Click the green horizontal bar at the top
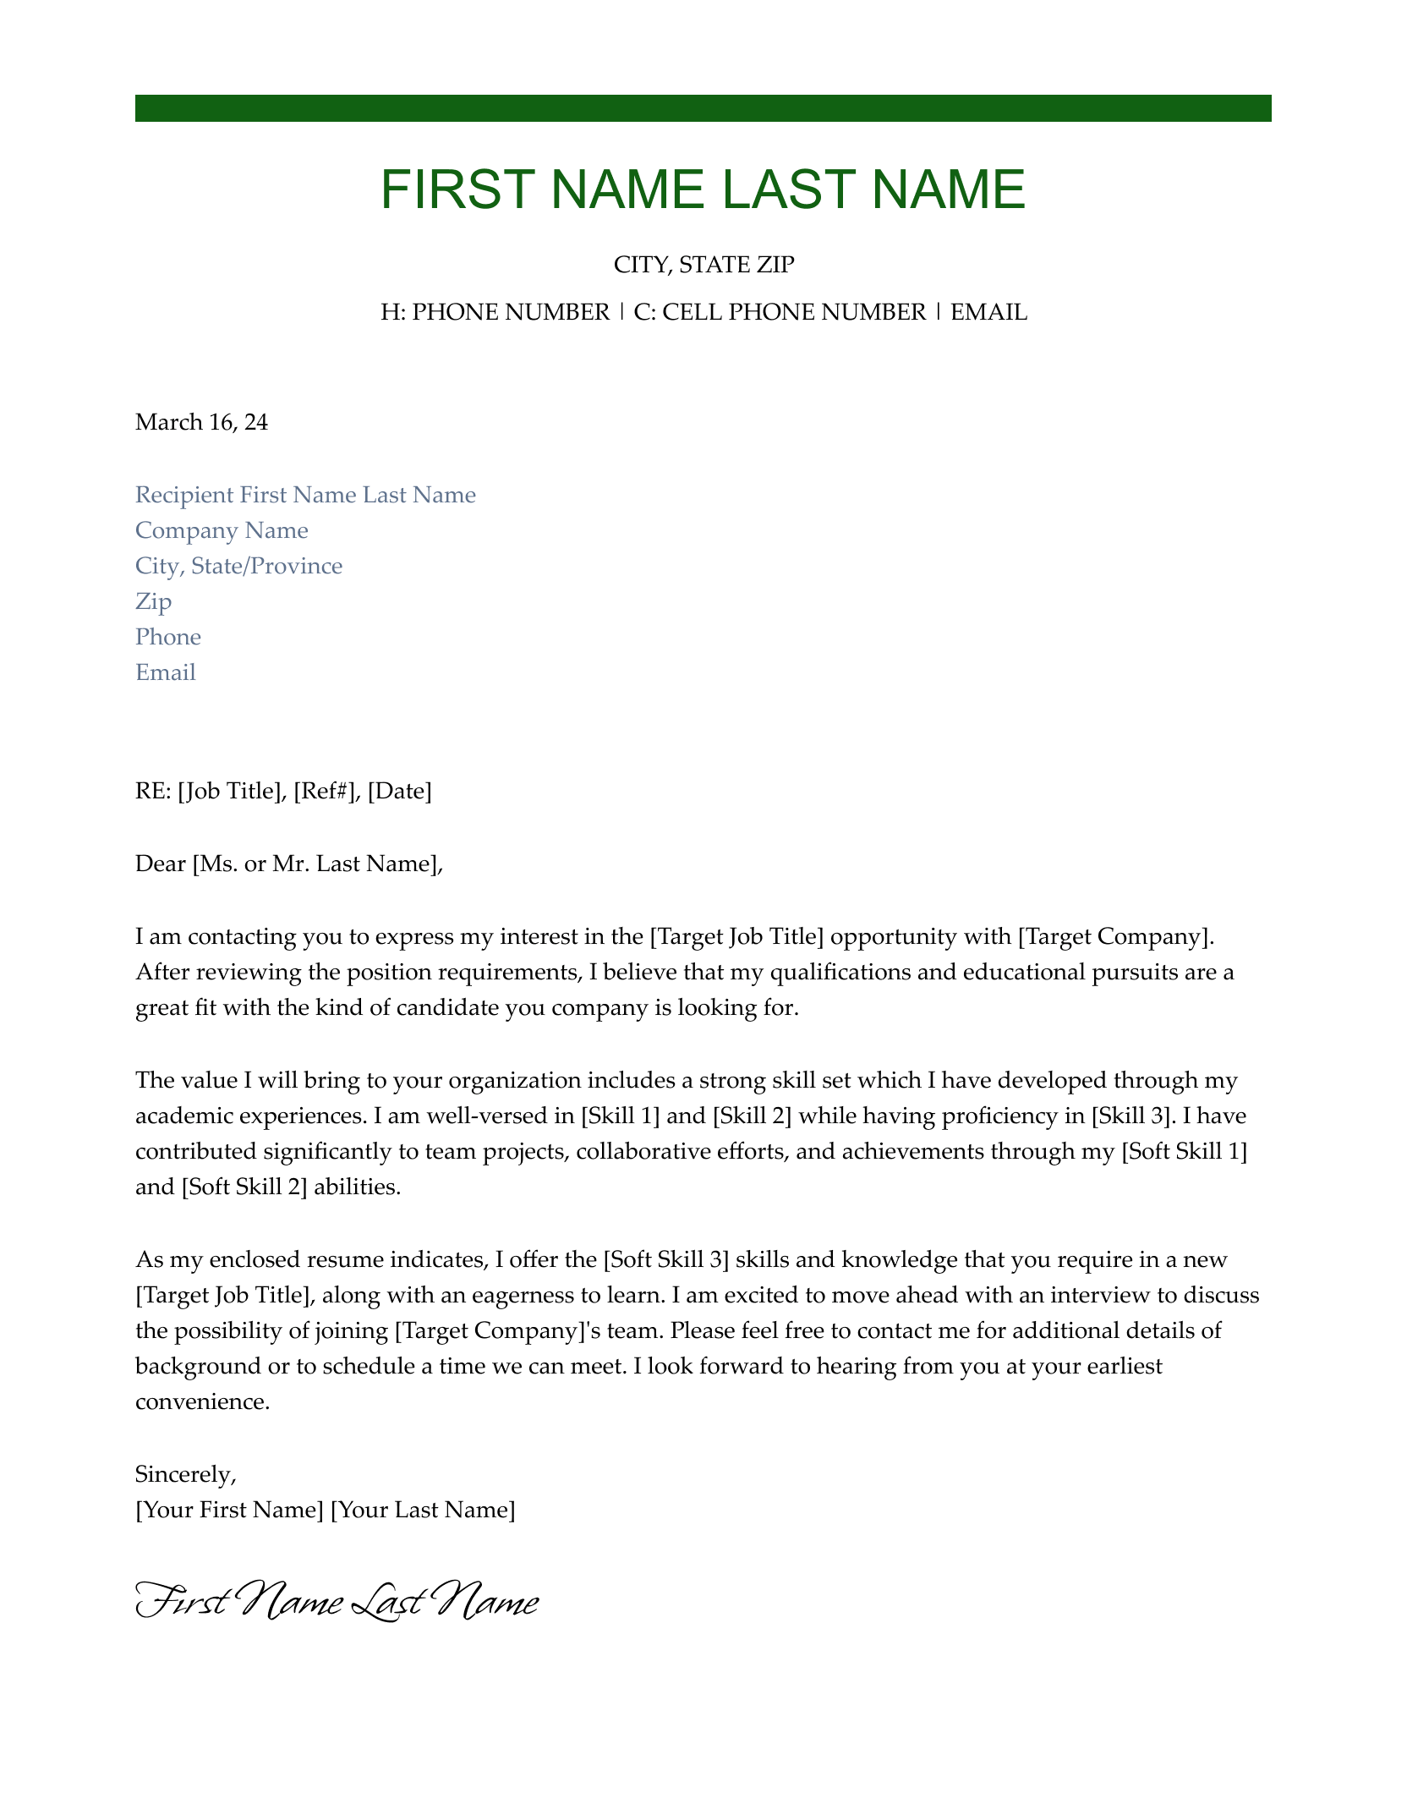coord(703,108)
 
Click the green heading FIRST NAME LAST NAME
coord(703,189)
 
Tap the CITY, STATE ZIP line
coord(703,266)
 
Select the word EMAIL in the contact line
coord(988,313)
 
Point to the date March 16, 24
coord(201,422)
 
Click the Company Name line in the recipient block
coord(222,531)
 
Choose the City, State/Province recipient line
coord(238,567)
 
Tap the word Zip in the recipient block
coord(153,602)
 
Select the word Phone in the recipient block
coord(168,638)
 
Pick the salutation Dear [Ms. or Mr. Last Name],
coord(288,864)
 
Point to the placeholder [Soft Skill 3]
coord(665,1260)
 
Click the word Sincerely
coord(184,1475)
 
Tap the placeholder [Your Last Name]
coord(422,1511)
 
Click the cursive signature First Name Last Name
coord(337,1604)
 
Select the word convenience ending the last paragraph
coord(201,1402)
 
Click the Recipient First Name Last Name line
coord(305,496)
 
